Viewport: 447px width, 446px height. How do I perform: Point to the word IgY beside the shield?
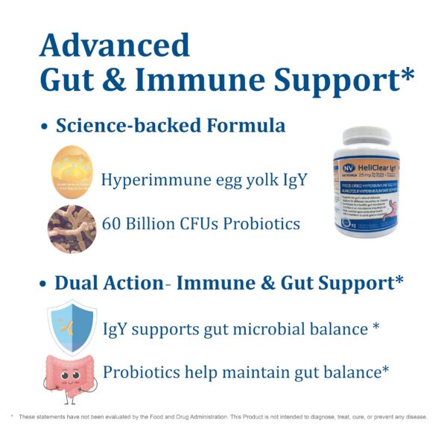point(117,328)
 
